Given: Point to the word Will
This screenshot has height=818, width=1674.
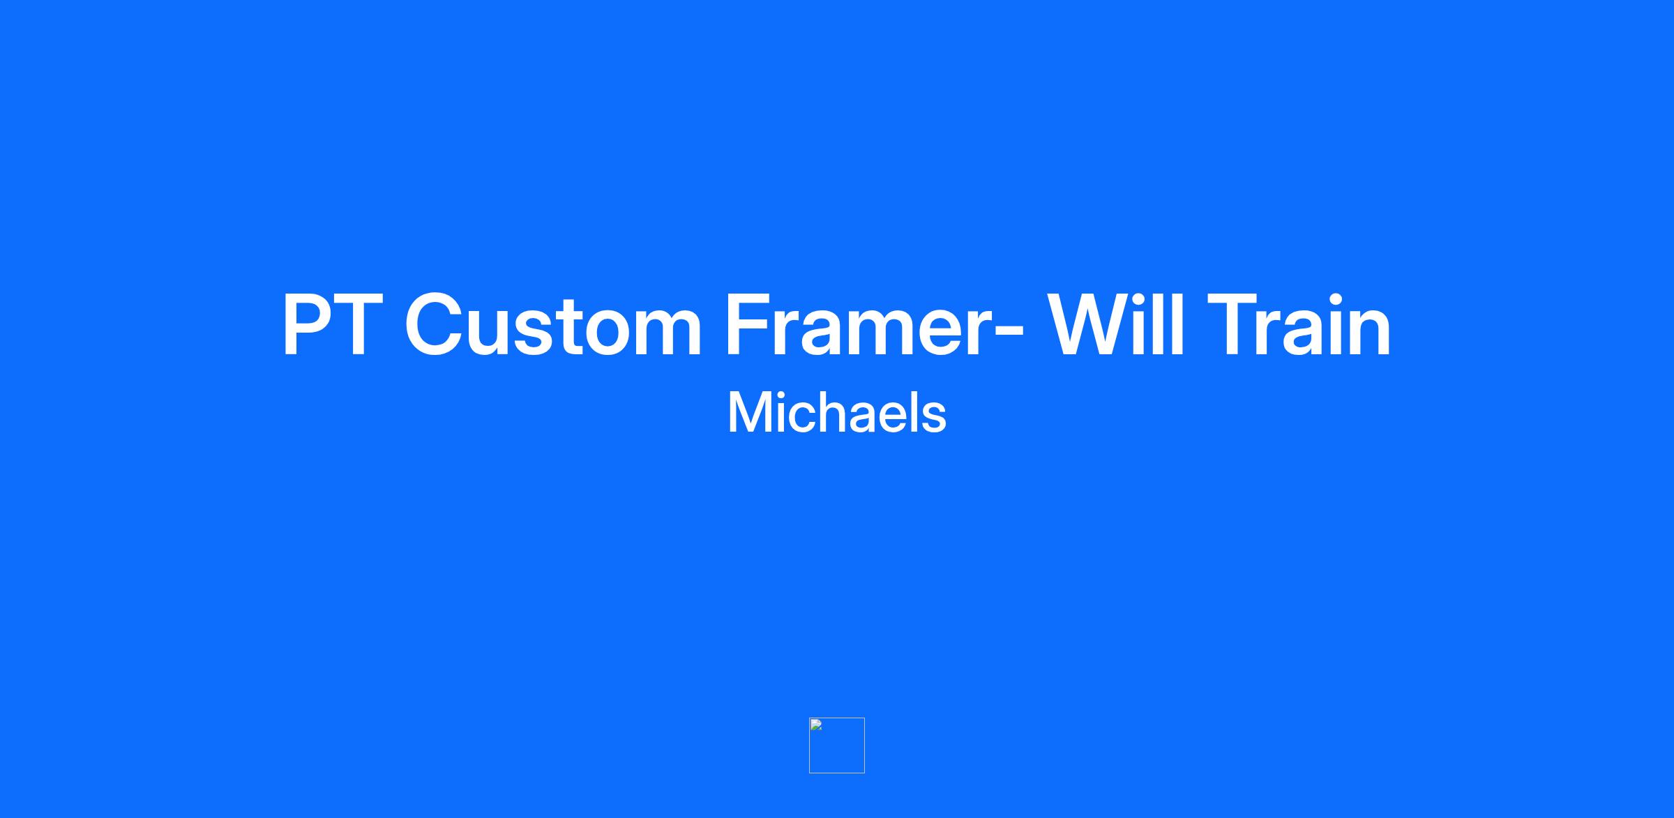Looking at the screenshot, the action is coord(1116,324).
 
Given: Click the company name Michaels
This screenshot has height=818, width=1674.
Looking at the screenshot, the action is coord(836,413).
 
